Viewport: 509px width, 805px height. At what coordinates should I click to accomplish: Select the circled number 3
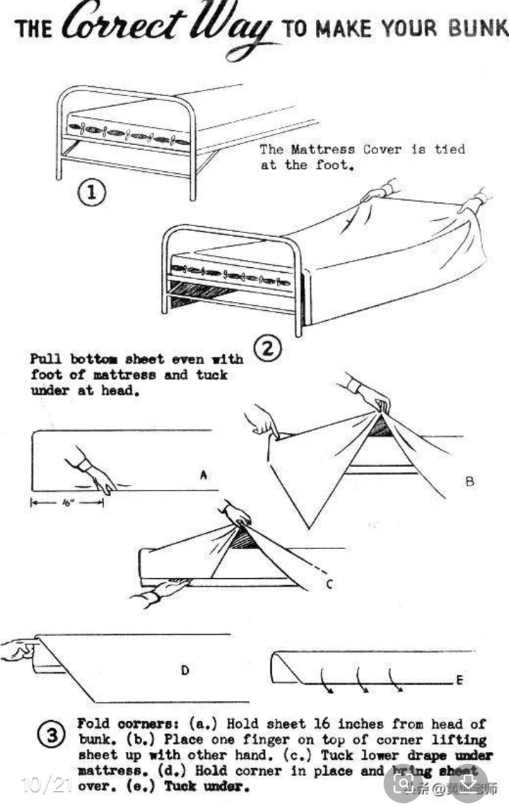[52, 736]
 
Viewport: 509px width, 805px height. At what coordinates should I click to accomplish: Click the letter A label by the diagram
[203, 476]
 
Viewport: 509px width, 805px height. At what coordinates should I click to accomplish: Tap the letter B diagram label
[469, 481]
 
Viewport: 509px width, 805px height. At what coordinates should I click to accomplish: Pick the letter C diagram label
[329, 584]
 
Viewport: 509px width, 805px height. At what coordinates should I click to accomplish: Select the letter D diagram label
[185, 669]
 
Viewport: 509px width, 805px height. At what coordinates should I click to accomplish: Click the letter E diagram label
[459, 680]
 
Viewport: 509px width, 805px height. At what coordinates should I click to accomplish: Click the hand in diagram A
[92, 474]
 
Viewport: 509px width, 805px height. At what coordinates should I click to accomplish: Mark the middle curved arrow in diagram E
[361, 681]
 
